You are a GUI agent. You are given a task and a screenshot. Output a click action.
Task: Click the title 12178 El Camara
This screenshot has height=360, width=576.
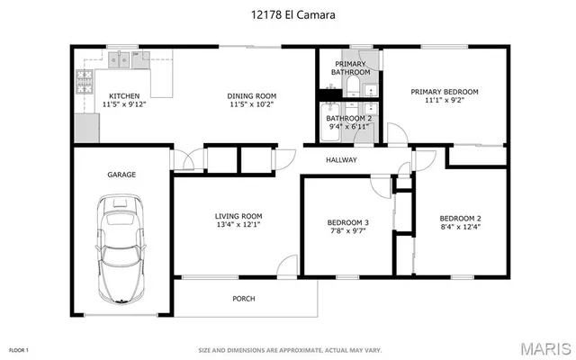[x=287, y=14]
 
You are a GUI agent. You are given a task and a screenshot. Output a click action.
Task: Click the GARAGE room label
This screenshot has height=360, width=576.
[x=121, y=175]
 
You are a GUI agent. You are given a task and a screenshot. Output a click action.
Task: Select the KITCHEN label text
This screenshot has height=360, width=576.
[x=123, y=95]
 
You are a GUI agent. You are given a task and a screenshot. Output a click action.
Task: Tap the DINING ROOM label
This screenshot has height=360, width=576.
[x=252, y=95]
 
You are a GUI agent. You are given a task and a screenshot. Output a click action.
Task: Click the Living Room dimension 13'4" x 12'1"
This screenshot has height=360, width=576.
[x=238, y=225]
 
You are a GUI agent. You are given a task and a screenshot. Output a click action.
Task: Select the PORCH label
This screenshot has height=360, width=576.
[x=244, y=299]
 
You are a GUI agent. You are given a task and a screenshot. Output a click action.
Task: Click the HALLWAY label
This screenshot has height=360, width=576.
[x=342, y=161]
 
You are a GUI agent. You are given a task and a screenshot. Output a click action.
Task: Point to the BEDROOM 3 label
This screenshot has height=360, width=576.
[x=346, y=222]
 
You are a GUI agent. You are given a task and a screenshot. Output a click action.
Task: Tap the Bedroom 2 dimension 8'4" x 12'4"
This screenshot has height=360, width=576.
[x=460, y=228]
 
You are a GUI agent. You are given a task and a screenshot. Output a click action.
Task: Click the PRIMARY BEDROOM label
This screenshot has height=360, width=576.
[x=445, y=91]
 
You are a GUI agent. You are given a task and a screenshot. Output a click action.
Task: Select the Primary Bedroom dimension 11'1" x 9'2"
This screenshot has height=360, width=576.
[x=445, y=101]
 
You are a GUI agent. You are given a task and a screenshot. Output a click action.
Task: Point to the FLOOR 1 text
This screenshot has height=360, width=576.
[x=20, y=349]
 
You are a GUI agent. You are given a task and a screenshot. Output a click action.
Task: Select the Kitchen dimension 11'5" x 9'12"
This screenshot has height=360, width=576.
[x=123, y=105]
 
